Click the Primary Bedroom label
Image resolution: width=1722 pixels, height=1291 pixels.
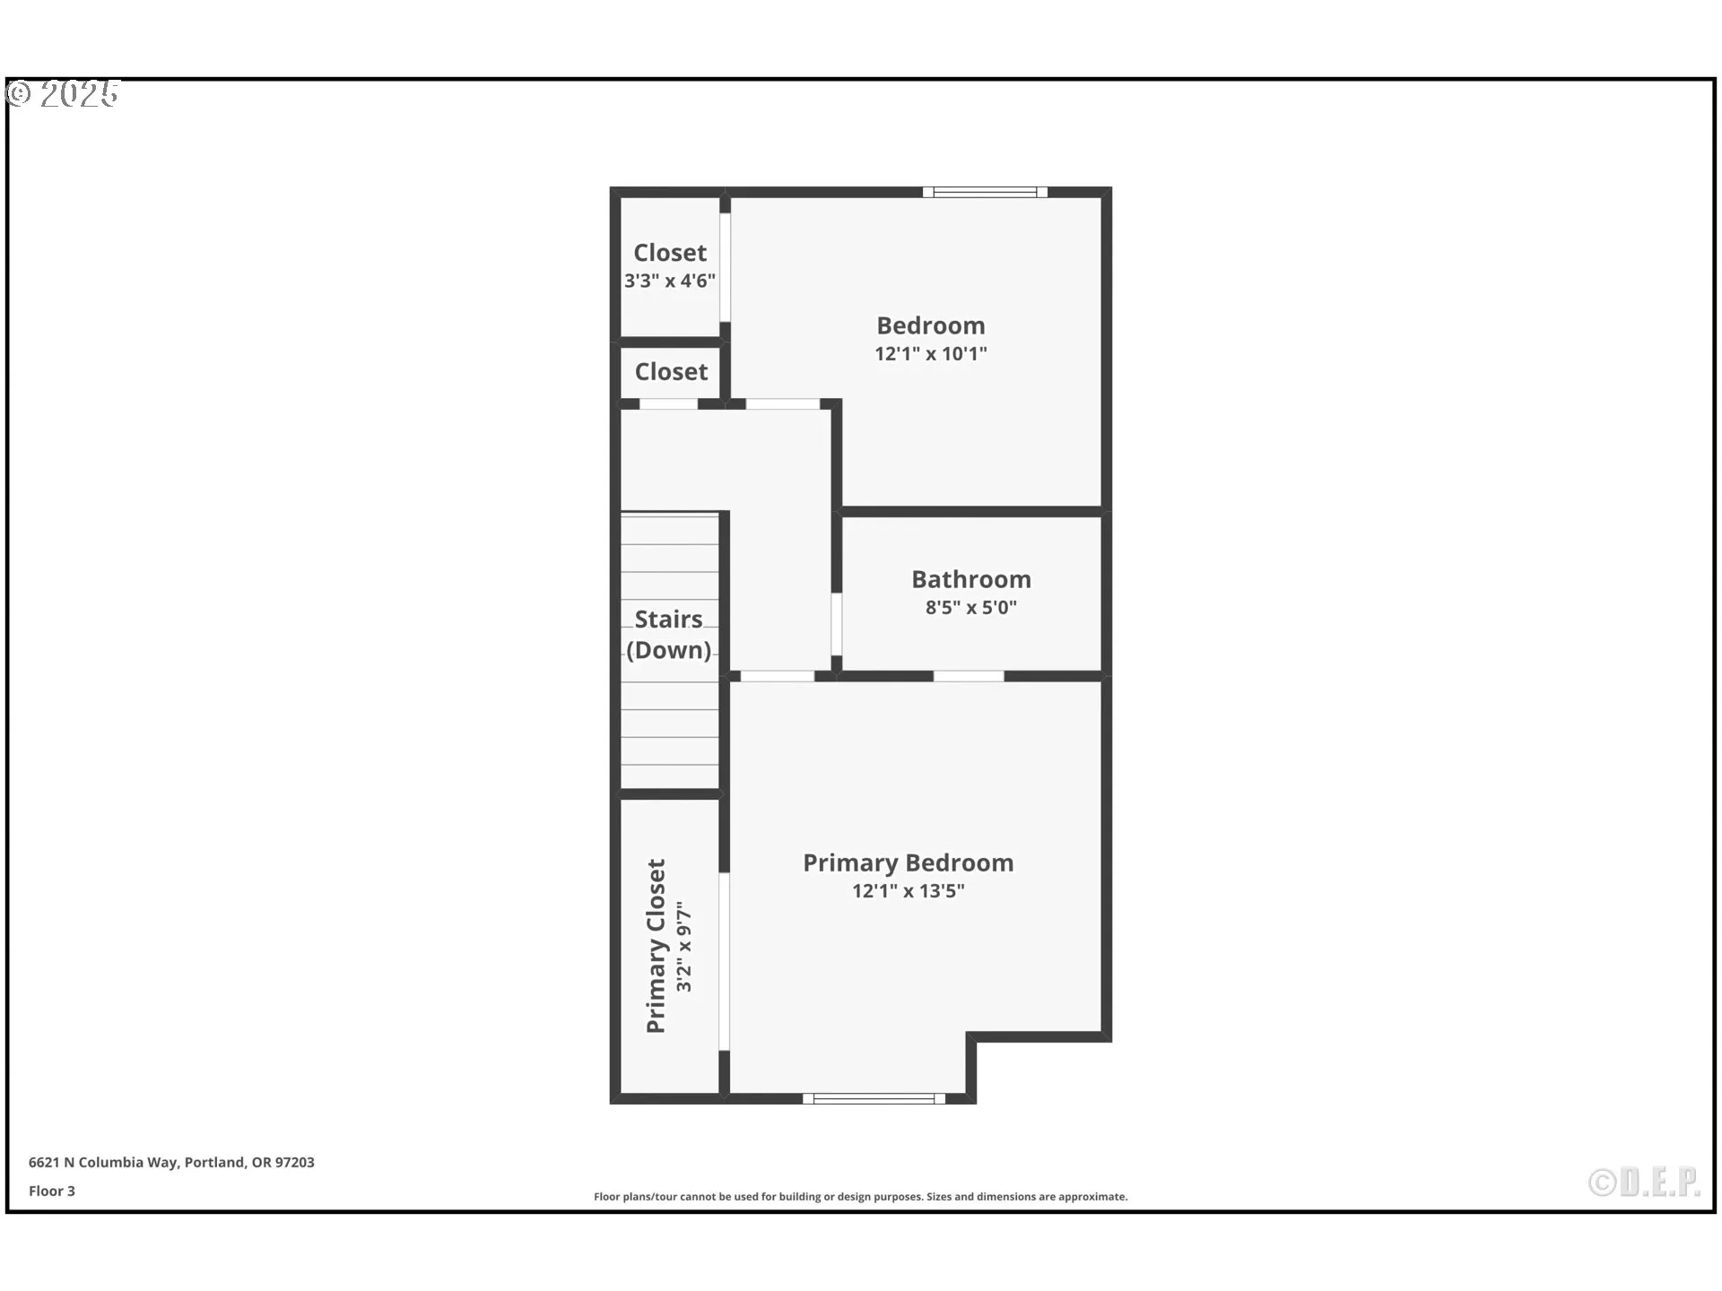click(908, 862)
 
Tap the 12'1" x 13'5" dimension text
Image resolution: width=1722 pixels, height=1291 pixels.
click(908, 891)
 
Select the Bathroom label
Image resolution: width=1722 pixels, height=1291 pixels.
click(970, 579)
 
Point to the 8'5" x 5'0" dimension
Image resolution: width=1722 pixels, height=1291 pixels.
click(970, 608)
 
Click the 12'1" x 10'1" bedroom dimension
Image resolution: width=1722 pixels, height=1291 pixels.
click(930, 354)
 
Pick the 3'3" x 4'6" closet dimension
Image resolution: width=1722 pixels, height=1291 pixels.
click(670, 282)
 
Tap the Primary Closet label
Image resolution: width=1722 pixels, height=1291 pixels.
click(657, 946)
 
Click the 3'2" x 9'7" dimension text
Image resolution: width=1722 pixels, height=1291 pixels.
click(684, 947)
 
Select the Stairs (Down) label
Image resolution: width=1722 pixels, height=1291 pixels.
click(669, 635)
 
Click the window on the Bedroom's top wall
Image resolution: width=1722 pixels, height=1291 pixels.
click(985, 192)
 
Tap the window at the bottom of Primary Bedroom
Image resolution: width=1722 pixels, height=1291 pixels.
click(874, 1098)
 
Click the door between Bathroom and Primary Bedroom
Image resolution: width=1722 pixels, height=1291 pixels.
click(969, 676)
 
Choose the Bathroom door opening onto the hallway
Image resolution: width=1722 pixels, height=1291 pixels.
click(836, 624)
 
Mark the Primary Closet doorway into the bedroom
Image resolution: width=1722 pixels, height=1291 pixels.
click(724, 961)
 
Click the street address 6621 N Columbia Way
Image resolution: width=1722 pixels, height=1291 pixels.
click(171, 1162)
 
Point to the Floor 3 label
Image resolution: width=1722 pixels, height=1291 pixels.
click(52, 1191)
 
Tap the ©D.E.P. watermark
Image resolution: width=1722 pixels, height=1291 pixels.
click(1644, 1183)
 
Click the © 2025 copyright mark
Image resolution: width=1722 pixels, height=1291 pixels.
click(63, 94)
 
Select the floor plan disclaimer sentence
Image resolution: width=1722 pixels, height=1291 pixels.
click(860, 1197)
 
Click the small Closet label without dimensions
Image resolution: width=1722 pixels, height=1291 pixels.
click(671, 372)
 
